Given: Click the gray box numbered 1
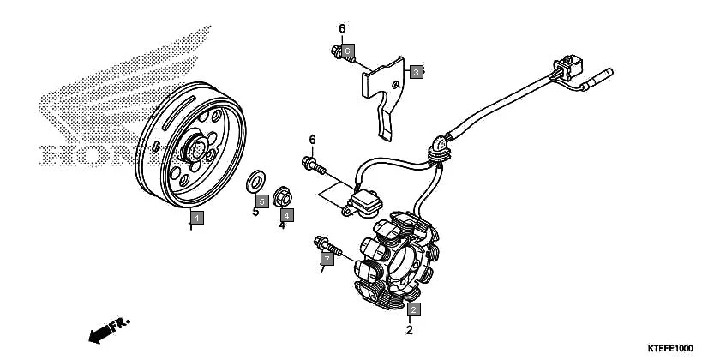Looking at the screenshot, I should (196, 218).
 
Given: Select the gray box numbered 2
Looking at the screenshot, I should (413, 309).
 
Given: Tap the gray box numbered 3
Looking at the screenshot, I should (415, 72).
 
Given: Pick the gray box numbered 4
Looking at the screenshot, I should (286, 214).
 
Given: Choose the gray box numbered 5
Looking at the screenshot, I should (262, 201).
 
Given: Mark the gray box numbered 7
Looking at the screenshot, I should (326, 258).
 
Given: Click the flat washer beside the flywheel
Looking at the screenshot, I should (255, 182).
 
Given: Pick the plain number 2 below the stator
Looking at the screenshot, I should (410, 330).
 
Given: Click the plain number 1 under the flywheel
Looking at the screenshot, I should (191, 228).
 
